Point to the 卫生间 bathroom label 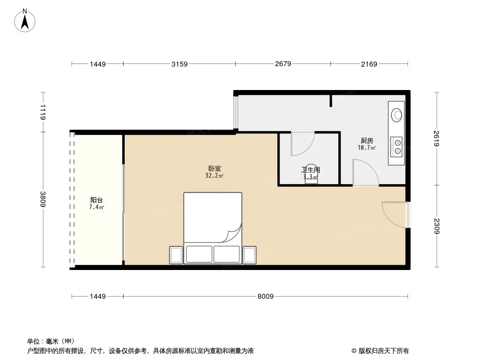(x=310, y=170)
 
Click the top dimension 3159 (x=179, y=64)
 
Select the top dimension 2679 (x=283, y=64)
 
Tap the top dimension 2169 (x=369, y=64)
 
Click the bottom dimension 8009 (x=266, y=296)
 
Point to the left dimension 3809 (x=43, y=199)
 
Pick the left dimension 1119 (x=43, y=112)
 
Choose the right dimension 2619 (x=436, y=138)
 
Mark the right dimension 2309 (x=436, y=226)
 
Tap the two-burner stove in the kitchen (x=396, y=146)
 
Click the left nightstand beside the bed (x=176, y=255)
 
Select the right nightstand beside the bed (x=249, y=255)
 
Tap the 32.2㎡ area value (x=214, y=176)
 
